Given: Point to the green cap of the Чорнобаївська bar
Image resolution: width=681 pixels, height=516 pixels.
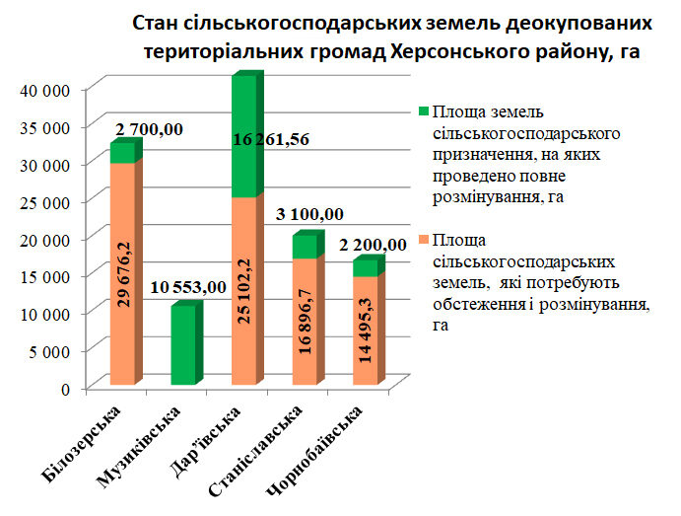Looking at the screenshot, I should pos(365,267).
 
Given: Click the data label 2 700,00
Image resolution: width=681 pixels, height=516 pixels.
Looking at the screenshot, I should pos(149,129).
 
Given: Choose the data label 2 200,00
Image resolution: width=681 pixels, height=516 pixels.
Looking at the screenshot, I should pos(373,244).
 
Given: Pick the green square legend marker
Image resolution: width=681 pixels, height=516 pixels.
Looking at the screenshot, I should pos(423,111).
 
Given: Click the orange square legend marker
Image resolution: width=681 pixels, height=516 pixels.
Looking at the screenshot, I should pos(423,240).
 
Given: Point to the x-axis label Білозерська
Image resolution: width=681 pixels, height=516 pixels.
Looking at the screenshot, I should pos(86,441).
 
